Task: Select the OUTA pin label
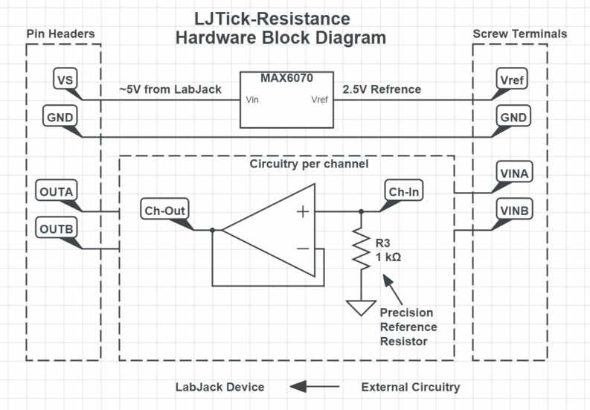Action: pyautogui.click(x=57, y=192)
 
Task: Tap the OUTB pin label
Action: pyautogui.click(x=57, y=227)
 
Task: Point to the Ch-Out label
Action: pyautogui.click(x=165, y=210)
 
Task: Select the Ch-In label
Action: pyautogui.click(x=404, y=190)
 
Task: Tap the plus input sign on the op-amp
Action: pyautogui.click(x=303, y=212)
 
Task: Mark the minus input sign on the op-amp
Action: pyautogui.click(x=303, y=249)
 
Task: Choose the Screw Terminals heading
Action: pyautogui.click(x=520, y=34)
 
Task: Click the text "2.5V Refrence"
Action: pyautogui.click(x=382, y=90)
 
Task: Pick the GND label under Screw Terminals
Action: pyautogui.click(x=513, y=117)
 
